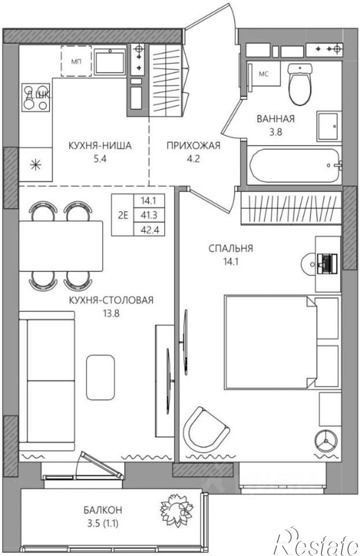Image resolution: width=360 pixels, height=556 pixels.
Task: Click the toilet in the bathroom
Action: pos(300,84)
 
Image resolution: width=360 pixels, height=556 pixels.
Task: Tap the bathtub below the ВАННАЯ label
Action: pos(294,165)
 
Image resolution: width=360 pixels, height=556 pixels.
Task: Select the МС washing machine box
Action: pos(264,75)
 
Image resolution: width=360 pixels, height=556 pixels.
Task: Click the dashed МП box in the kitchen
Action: pos(76,61)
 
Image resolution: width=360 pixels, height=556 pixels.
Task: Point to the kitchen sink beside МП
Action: pos(110,61)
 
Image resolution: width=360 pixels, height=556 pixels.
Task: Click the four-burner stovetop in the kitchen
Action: pos(36,97)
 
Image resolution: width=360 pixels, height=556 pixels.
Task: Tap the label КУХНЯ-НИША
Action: pos(100,146)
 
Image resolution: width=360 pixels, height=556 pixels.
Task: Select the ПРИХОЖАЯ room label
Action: pos(194,146)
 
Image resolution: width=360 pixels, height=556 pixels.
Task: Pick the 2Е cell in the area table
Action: pos(123,215)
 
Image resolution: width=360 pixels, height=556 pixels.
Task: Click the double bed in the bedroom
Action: pos(270,342)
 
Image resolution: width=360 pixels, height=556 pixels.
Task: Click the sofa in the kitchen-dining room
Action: pos(47,381)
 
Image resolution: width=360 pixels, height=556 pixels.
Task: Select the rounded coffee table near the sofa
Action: pos(100,377)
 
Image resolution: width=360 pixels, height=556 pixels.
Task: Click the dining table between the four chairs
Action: pos(61,246)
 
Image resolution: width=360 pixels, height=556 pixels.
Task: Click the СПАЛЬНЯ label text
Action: pos(231,248)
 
